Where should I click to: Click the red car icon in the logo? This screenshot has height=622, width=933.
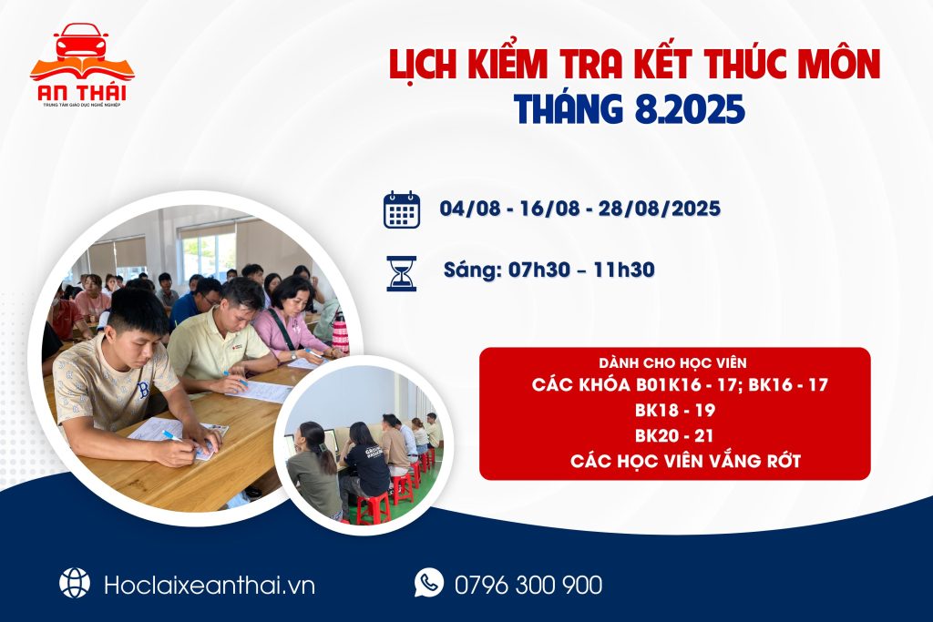click(x=81, y=43)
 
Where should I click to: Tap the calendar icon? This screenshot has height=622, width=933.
click(x=401, y=209)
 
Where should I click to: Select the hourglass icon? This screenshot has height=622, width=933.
click(x=401, y=272)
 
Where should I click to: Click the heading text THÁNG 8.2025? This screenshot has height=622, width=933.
click(x=630, y=108)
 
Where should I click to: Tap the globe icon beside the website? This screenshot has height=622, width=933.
click(x=75, y=583)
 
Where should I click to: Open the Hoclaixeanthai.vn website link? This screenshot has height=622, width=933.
click(x=210, y=585)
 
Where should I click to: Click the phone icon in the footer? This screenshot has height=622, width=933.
click(x=428, y=582)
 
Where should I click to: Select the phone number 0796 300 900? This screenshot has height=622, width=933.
click(x=527, y=585)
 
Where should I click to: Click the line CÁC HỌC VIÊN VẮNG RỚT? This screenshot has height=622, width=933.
click(x=685, y=462)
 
